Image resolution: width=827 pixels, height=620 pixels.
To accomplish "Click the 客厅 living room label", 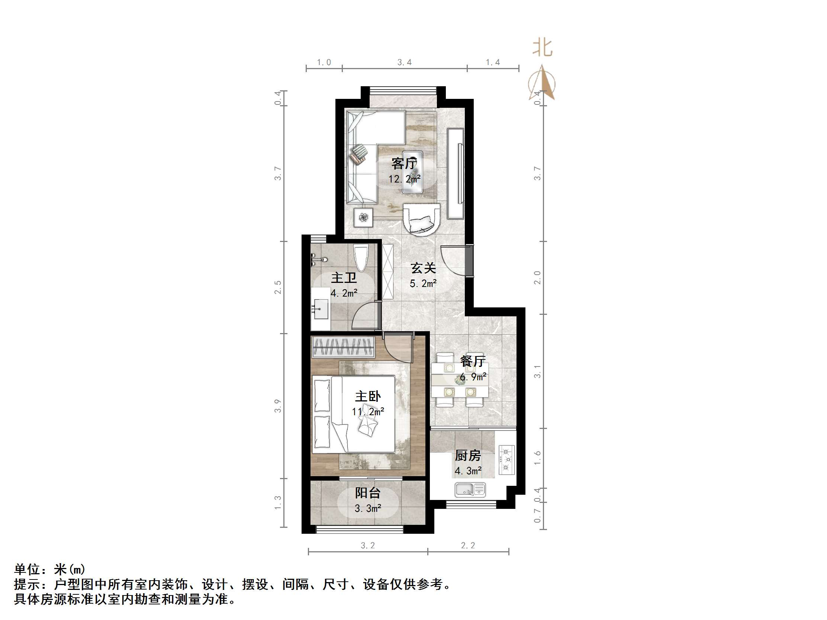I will (404, 164).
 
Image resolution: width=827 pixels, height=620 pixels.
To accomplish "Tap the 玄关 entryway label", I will (423, 268).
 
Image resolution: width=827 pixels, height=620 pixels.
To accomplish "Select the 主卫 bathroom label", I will (344, 278).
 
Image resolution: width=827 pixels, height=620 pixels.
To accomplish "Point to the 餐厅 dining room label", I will (473, 361).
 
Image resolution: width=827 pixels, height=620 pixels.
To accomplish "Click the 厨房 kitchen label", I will (468, 456).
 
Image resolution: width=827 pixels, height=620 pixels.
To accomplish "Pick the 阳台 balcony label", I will (367, 493).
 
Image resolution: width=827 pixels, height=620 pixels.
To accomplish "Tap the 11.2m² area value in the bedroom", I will (368, 412).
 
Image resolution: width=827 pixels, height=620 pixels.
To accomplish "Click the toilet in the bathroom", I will (361, 258).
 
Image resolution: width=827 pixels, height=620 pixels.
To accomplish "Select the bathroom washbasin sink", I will (320, 309).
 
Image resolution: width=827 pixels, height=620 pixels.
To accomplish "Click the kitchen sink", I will (470, 490).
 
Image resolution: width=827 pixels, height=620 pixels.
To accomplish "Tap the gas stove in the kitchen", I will (506, 460).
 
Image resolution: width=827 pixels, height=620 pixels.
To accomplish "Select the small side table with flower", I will (363, 217).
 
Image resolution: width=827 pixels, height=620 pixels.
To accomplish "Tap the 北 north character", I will (543, 48).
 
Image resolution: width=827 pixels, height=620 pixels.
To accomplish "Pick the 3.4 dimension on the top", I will (405, 62).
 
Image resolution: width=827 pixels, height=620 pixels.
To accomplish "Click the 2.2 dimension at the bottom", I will (468, 546).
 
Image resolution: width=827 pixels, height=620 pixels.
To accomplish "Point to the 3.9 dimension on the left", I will (277, 406).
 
